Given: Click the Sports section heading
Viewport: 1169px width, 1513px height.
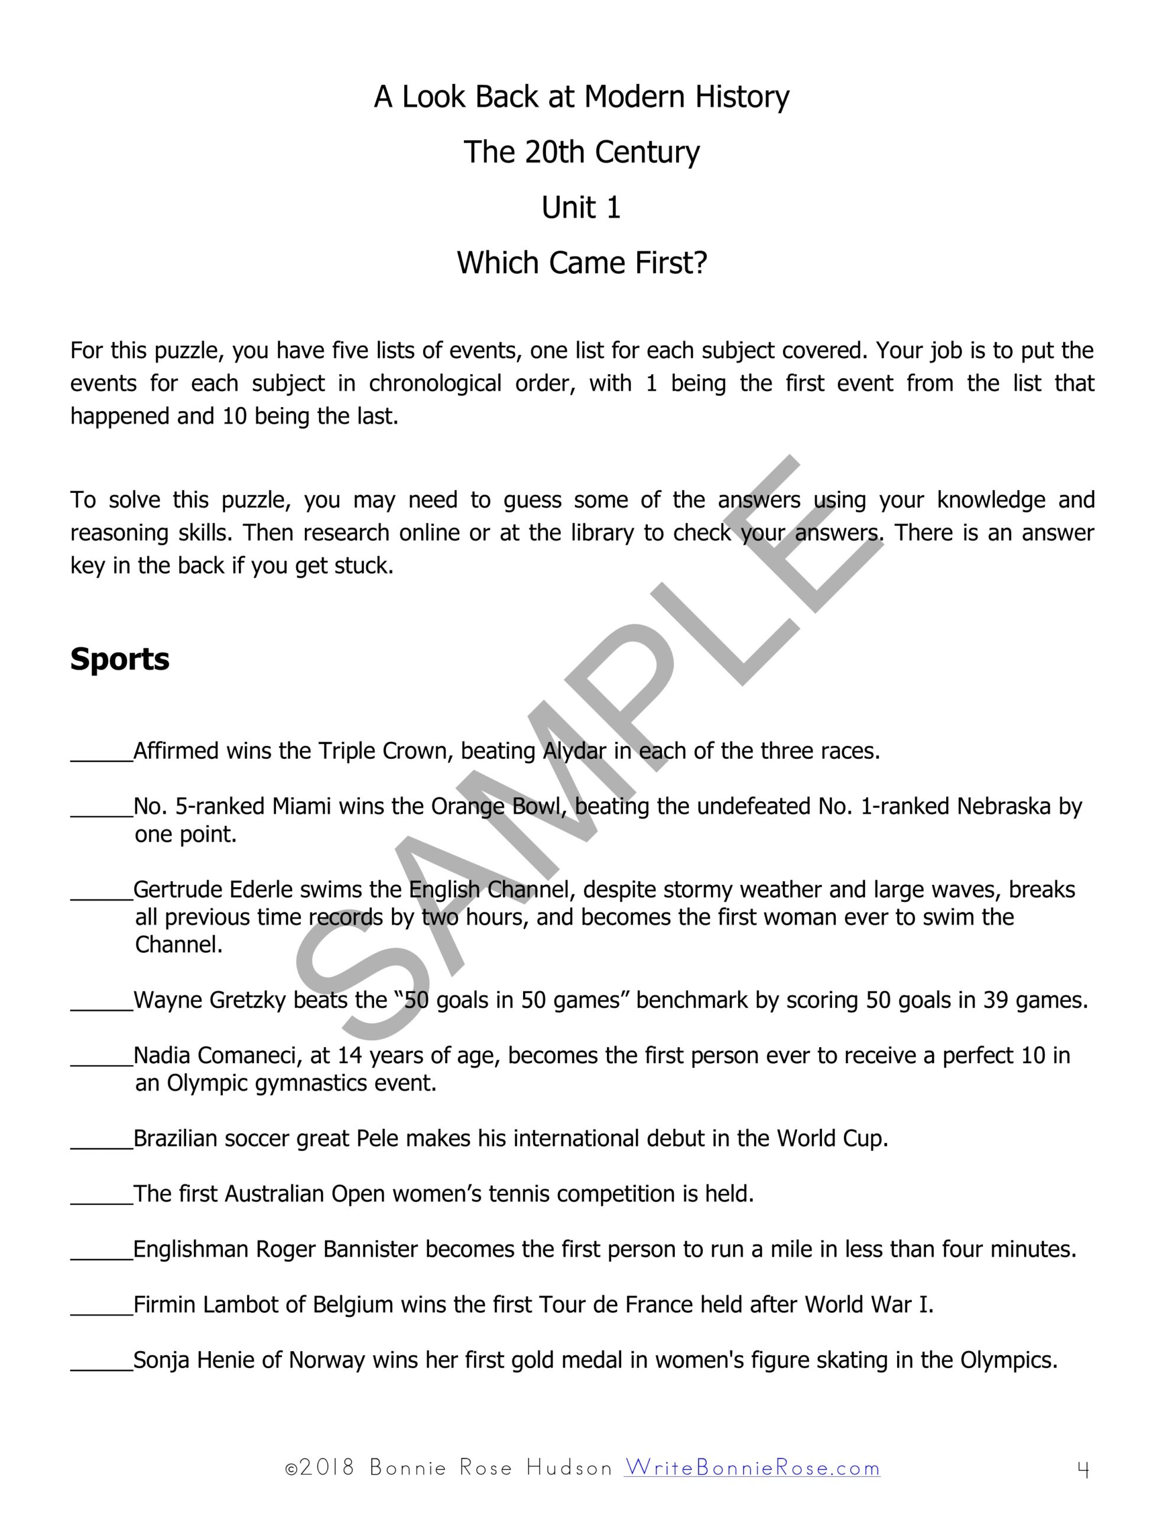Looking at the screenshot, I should [x=120, y=659].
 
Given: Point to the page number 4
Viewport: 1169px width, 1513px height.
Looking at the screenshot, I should [x=1084, y=1468].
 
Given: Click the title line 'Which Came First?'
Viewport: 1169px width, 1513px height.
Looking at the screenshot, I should [x=582, y=263].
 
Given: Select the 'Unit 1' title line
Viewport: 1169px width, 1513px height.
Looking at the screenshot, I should [x=581, y=208].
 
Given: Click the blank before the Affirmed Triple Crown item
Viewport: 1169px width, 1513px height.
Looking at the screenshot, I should [x=101, y=752].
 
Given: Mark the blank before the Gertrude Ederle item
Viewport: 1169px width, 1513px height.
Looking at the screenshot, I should [x=101, y=891].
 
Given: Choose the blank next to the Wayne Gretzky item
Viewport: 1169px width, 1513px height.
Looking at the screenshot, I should [x=101, y=1002].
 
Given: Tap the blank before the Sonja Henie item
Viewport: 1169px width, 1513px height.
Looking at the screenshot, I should [x=101, y=1362].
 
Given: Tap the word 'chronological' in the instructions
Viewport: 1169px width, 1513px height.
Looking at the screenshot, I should [x=434, y=383].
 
